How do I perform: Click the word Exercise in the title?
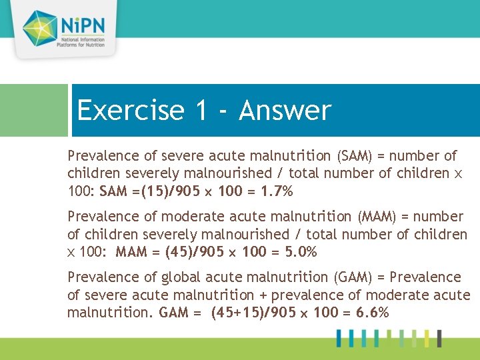[130, 111]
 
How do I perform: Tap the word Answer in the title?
[285, 111]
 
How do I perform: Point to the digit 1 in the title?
[201, 111]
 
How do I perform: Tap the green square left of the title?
[33, 110]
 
